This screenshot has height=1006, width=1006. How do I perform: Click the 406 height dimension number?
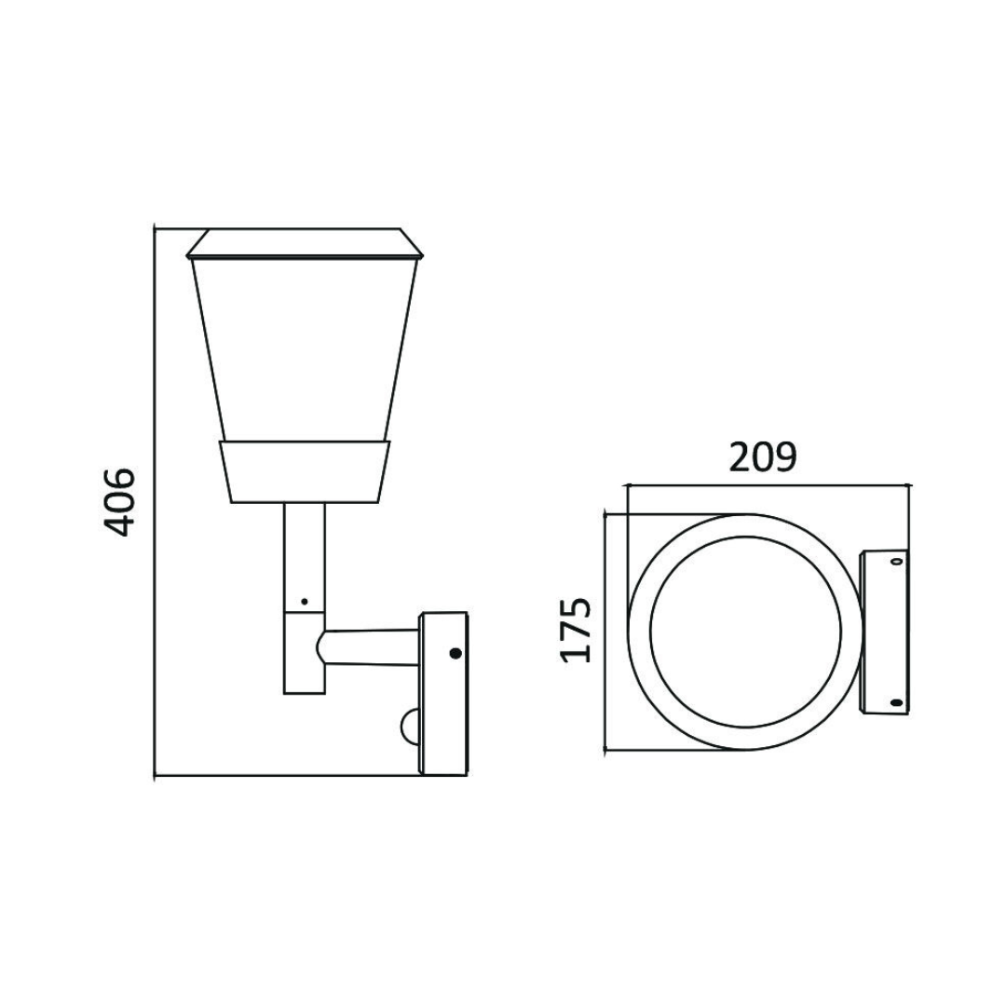pos(118,503)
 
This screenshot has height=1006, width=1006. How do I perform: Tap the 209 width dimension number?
pos(763,457)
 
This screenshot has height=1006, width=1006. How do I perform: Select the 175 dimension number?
pos(577,630)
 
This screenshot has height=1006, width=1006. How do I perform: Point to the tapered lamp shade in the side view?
pos(305,349)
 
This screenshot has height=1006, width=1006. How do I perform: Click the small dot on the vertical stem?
pos(304,601)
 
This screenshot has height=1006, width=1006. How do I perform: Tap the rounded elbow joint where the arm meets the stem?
pos(322,646)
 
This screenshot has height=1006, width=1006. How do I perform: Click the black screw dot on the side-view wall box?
pos(455,653)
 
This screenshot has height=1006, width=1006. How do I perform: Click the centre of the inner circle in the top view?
pos(745,632)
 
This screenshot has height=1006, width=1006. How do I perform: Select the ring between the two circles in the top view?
pos(641,632)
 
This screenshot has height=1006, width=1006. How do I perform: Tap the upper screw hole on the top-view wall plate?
pos(895,561)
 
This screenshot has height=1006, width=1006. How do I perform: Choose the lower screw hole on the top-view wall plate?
pos(895,701)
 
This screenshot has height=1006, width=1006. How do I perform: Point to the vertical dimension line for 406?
pos(154,503)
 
